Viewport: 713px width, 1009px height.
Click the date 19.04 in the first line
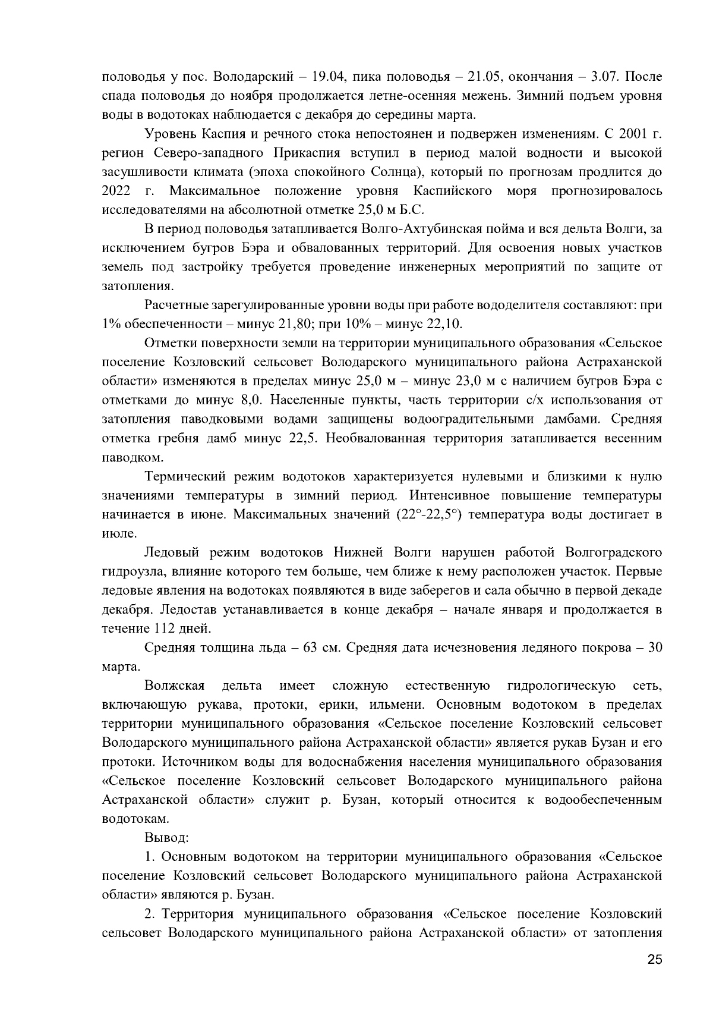coord(321,77)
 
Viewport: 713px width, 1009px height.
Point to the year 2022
coord(116,191)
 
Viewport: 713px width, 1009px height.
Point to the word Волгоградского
coord(614,553)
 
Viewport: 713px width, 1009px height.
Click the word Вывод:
coord(166,838)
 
